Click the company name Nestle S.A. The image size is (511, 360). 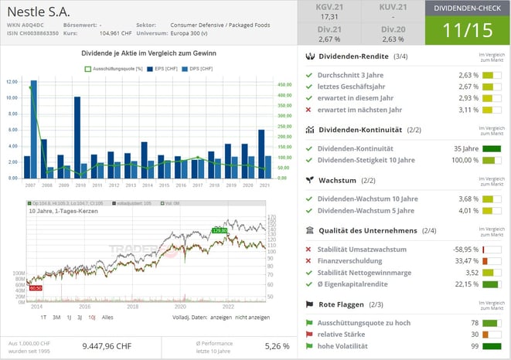tap(39, 13)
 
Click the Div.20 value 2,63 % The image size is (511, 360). tap(392, 39)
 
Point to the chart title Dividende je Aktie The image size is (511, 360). tap(148, 53)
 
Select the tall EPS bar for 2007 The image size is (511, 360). tap(33, 127)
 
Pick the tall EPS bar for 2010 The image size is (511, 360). tap(77, 137)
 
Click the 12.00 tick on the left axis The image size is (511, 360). tap(12, 81)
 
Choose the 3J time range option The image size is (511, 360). tap(79, 318)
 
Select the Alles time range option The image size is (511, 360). tap(108, 318)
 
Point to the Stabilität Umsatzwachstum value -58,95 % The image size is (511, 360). tap(462, 250)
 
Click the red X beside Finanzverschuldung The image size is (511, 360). tap(309, 261)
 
